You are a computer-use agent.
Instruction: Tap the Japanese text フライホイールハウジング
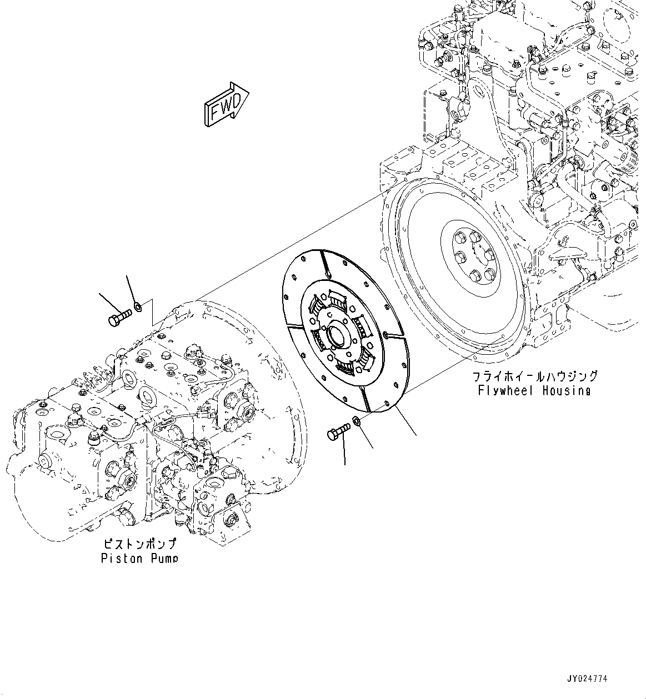tap(535, 376)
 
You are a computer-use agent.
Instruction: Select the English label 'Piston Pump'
tap(139, 557)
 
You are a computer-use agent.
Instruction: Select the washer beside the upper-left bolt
tap(138, 305)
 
